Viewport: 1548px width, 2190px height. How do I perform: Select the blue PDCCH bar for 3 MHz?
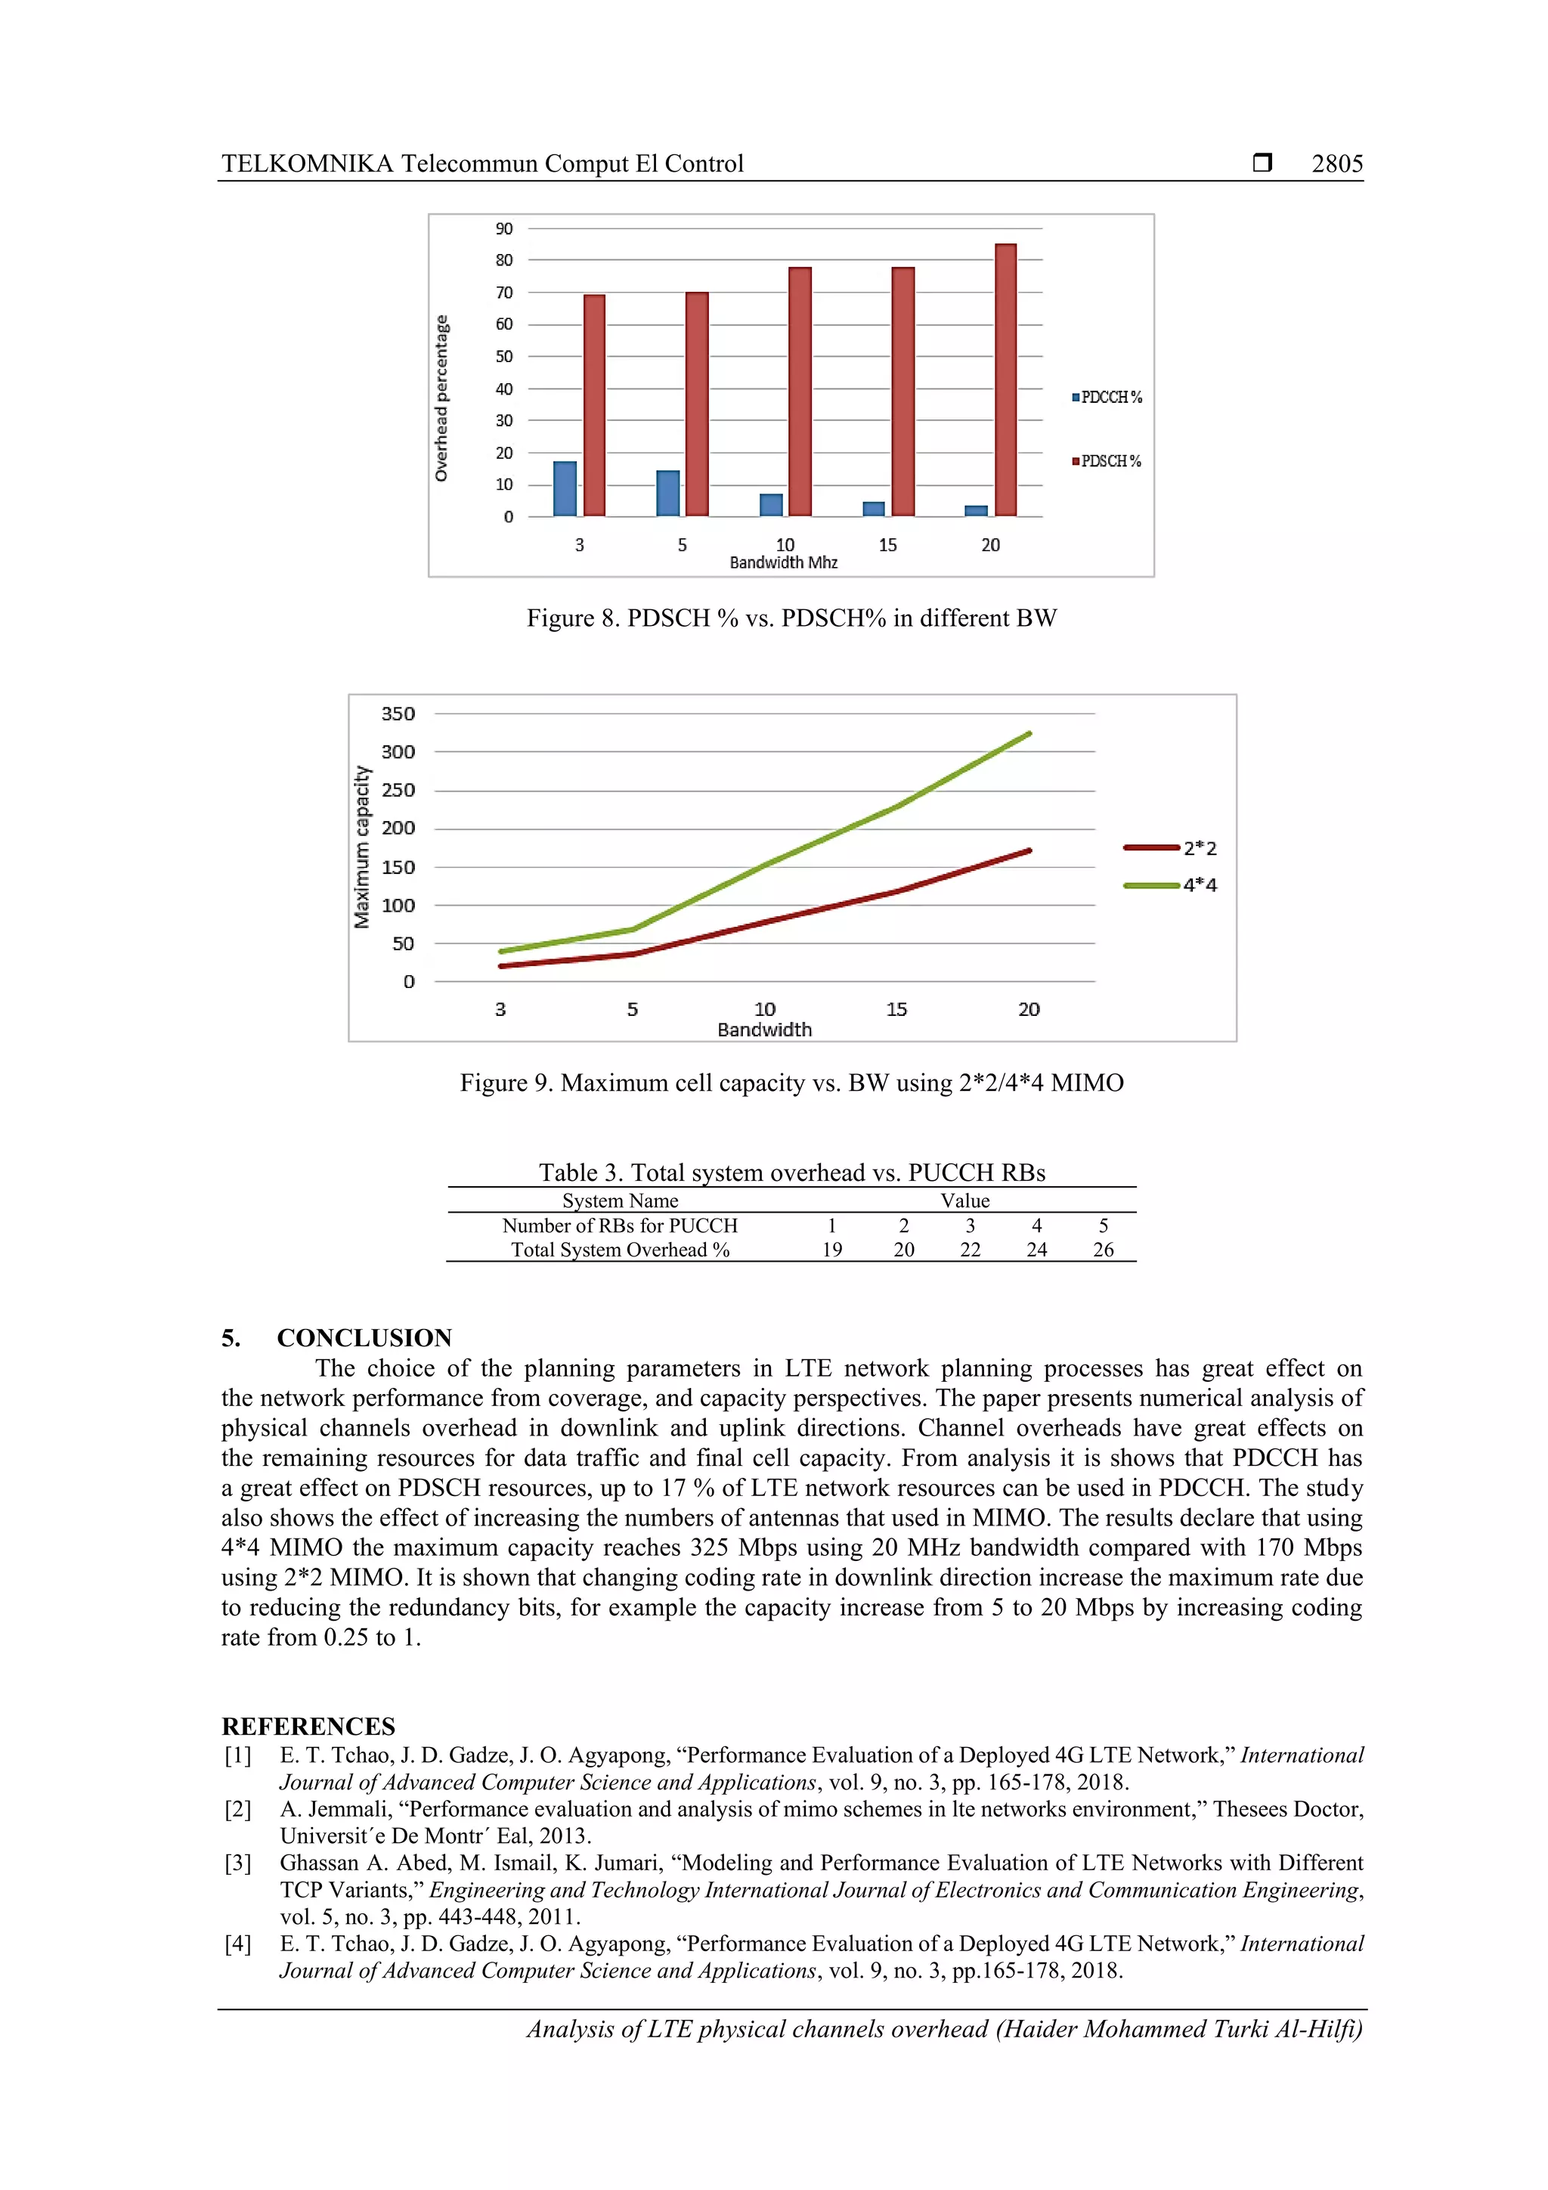(x=565, y=488)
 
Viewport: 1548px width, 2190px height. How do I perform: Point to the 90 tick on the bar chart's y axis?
(x=503, y=229)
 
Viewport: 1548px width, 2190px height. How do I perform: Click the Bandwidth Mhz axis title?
(x=783, y=562)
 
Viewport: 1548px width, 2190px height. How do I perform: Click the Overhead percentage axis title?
(x=441, y=398)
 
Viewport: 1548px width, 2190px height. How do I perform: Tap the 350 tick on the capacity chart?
(x=398, y=714)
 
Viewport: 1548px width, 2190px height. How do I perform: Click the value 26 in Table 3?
(x=1103, y=1250)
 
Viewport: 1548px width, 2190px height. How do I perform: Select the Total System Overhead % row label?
(x=620, y=1250)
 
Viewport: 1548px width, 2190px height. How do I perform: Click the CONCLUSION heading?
(x=364, y=1337)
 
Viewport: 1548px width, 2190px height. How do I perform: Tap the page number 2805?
(x=1336, y=164)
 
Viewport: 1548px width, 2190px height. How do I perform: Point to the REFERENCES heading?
(x=308, y=1727)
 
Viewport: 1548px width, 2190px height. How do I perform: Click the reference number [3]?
(x=238, y=1863)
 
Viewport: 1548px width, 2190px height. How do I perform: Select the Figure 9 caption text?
(x=791, y=1083)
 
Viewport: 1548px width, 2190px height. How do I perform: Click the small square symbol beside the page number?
(x=1262, y=163)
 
